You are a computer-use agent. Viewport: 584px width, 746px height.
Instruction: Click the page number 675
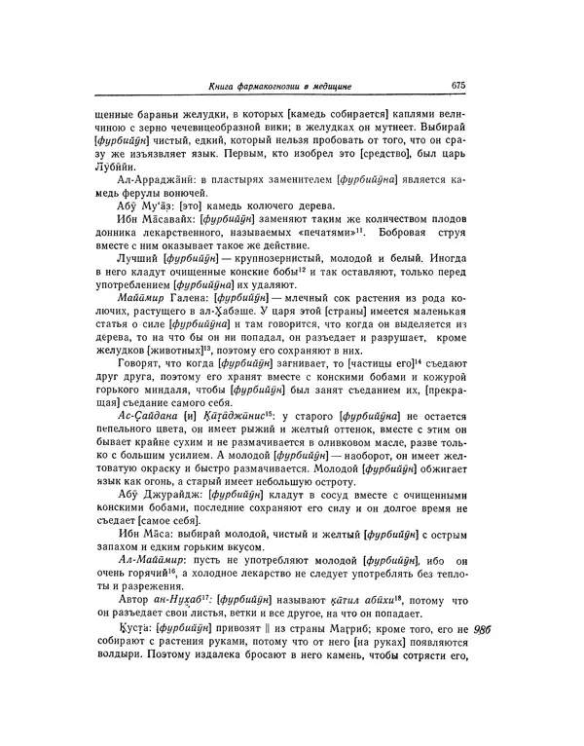click(x=460, y=84)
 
